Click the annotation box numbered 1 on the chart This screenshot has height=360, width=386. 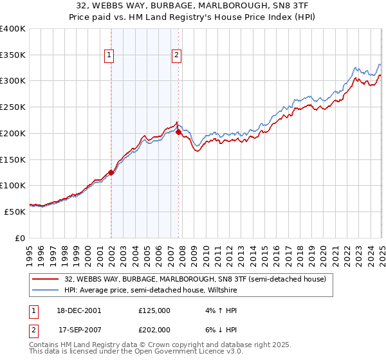[110, 56]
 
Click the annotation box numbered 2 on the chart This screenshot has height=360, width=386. [176, 56]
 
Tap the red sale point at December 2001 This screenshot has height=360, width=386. [111, 172]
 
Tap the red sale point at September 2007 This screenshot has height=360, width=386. [178, 132]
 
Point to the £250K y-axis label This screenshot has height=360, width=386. [12, 107]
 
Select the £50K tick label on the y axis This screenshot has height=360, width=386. [15, 212]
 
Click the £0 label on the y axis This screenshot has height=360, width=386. [21, 238]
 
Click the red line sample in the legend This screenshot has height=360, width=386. [46, 279]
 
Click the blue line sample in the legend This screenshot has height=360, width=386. [46, 290]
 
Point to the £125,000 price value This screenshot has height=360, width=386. [154, 310]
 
